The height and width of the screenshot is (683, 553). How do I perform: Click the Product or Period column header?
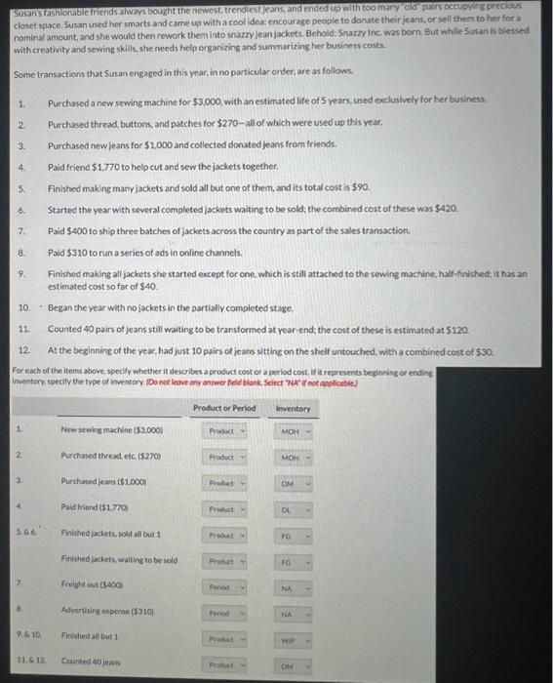pyautogui.click(x=224, y=408)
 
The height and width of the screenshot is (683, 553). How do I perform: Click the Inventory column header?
pyautogui.click(x=292, y=408)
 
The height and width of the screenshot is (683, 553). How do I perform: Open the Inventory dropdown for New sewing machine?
pyautogui.click(x=292, y=430)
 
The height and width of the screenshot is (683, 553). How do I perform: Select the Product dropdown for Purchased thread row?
pyautogui.click(x=224, y=456)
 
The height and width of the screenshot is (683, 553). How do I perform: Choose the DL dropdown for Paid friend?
pyautogui.click(x=292, y=509)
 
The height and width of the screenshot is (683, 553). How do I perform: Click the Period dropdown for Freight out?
pyautogui.click(x=224, y=587)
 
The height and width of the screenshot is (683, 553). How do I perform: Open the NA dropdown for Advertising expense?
pyautogui.click(x=292, y=615)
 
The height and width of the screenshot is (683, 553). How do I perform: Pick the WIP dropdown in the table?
pyautogui.click(x=292, y=640)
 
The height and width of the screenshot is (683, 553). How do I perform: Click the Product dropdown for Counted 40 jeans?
pyautogui.click(x=224, y=666)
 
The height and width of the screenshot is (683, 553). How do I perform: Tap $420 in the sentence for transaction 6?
pyautogui.click(x=445, y=210)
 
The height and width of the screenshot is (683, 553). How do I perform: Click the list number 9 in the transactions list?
pyautogui.click(x=21, y=275)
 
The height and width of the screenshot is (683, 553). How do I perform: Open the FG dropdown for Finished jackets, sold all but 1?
pyautogui.click(x=292, y=536)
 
